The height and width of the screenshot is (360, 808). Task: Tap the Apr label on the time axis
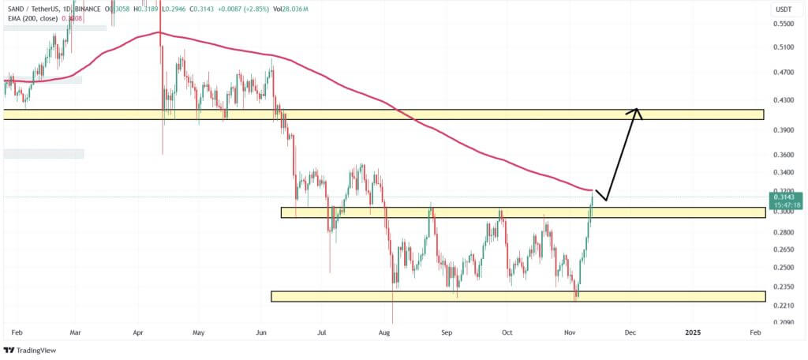[x=139, y=333]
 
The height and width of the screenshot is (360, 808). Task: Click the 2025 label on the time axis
[x=692, y=333]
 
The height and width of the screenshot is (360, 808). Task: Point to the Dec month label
[x=630, y=333]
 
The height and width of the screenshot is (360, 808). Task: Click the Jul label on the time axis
[x=321, y=333]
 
